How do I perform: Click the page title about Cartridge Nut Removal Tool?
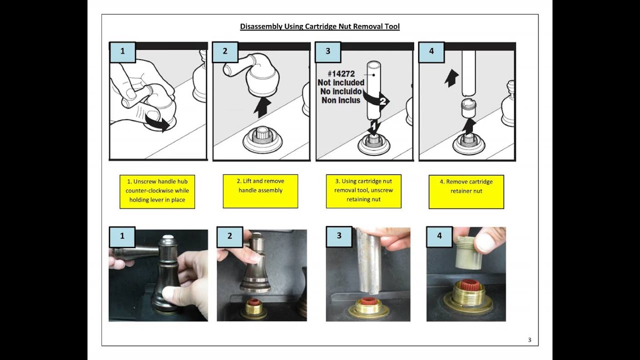pos(319,26)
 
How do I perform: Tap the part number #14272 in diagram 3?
pos(341,73)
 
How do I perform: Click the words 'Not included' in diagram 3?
pos(341,82)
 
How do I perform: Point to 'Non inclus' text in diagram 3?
pos(341,100)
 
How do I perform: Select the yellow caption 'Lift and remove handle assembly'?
pos(260,191)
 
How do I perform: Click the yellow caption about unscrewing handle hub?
pos(157,191)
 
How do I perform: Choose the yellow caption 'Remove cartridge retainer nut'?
pos(466,191)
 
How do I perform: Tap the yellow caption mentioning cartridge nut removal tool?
pos(363,191)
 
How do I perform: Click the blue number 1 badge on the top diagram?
pos(122,51)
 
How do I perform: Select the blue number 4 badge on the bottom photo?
pos(439,236)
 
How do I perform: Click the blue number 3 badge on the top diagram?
pos(328,51)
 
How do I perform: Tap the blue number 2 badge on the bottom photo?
pos(229,236)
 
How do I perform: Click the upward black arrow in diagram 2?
pos(262,107)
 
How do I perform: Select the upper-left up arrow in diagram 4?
pos(451,77)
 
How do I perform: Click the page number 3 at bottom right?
pos(529,340)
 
